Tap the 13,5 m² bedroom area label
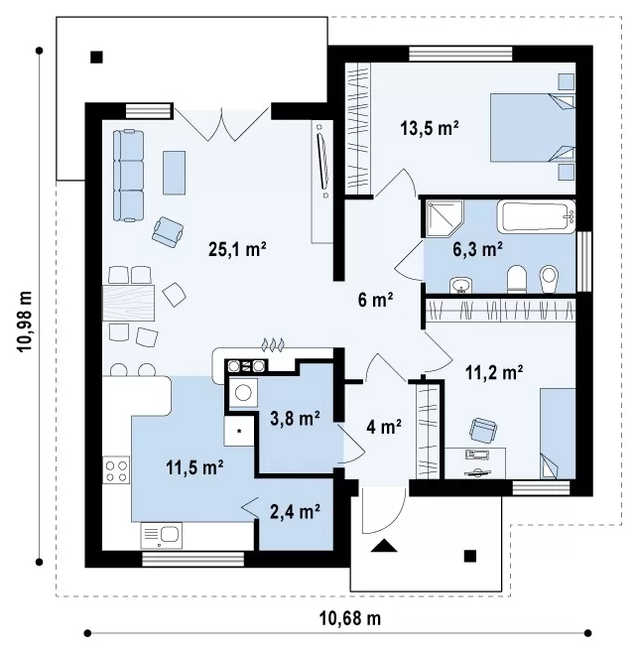coord(430,128)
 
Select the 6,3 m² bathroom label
coord(477,249)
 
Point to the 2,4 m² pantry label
coord(295,511)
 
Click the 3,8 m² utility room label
coord(295,419)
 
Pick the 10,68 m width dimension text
coord(349,618)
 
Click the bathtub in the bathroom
coord(536,216)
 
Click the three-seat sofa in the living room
coord(129,175)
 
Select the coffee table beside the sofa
coord(174,173)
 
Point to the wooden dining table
coord(128,303)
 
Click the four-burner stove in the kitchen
coord(116,469)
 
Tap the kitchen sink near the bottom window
coord(162,535)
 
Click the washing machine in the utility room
coord(242,392)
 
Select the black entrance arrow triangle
coord(384,546)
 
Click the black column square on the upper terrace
coord(96,57)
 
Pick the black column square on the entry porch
coord(470,556)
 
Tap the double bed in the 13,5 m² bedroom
coord(533,127)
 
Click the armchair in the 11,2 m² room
coord(483,430)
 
